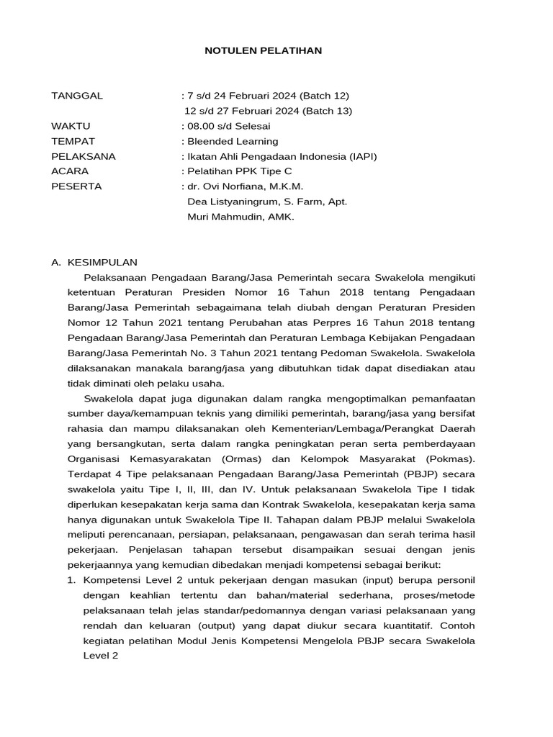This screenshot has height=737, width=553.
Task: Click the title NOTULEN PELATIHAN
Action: point(264,50)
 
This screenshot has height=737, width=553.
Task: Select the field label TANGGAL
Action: point(77,95)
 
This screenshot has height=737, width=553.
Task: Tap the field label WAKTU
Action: point(71,126)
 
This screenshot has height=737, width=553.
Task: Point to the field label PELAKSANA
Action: point(84,156)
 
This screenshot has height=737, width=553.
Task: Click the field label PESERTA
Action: point(76,186)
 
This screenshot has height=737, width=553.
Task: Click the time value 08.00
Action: point(200,126)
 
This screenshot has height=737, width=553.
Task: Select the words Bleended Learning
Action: point(233,141)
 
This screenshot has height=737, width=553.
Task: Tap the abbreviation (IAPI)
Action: point(360,156)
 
